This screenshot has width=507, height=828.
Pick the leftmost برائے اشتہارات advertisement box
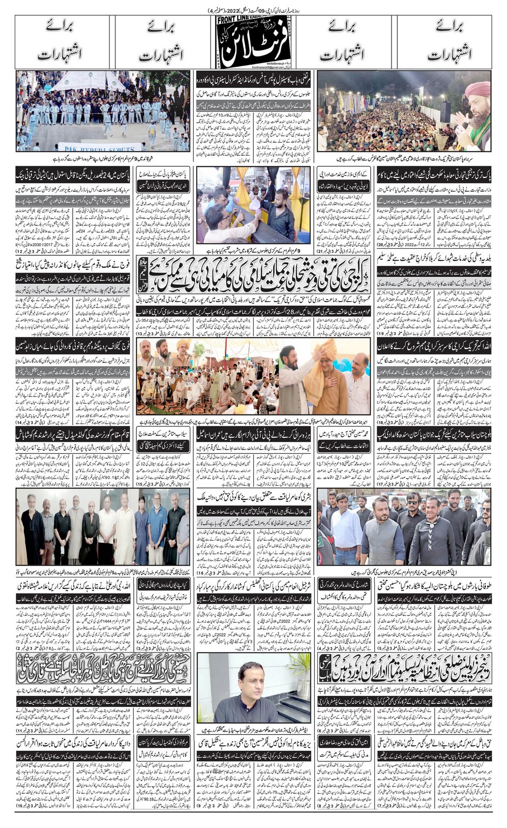tap(65, 42)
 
